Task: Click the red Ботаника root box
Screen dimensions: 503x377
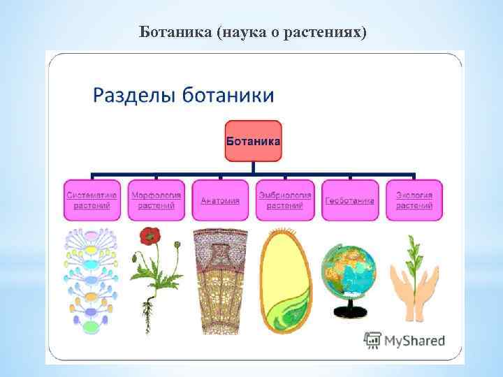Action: pos(253,141)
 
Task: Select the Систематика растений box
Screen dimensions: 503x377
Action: pos(92,201)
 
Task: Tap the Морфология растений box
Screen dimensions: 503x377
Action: pos(156,201)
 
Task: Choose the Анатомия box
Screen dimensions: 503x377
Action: pos(220,201)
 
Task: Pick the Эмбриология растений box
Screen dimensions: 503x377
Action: pos(284,201)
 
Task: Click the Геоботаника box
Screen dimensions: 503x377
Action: pos(349,201)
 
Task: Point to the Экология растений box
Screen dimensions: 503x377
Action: pos(414,201)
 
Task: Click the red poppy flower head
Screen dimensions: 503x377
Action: pos(150,236)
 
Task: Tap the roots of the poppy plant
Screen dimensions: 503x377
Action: pos(149,310)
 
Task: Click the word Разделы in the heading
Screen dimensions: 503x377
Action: pos(131,96)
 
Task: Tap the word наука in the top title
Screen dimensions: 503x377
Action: pos(242,32)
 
